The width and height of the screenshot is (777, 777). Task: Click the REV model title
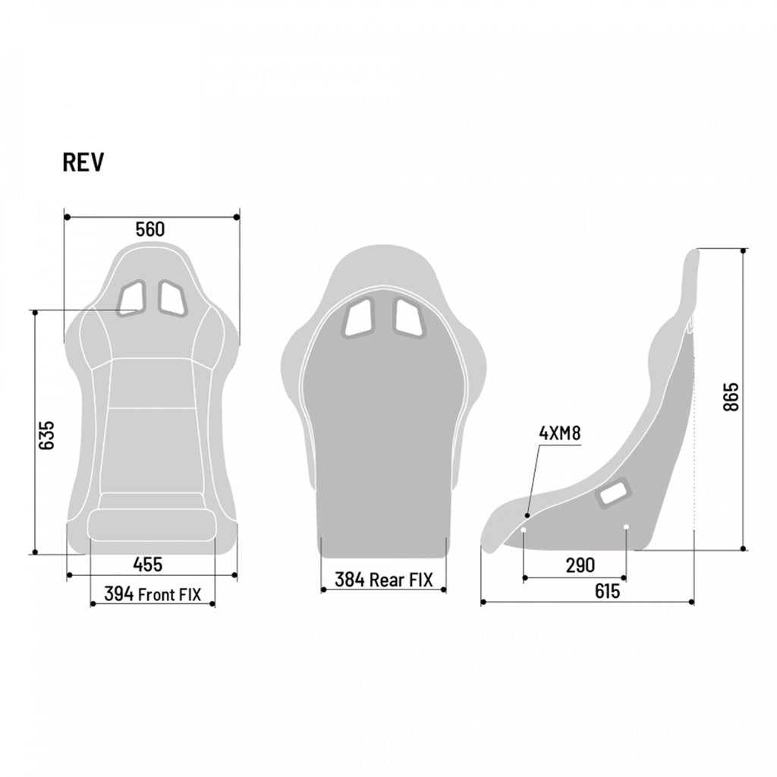[83, 162]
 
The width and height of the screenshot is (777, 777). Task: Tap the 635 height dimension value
[46, 436]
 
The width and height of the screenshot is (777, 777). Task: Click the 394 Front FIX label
[153, 594]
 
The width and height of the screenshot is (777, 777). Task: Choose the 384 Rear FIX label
[384, 580]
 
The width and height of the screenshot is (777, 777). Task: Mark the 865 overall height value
[730, 397]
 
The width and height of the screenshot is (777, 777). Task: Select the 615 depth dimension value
[607, 592]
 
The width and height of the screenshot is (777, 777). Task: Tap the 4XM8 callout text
[559, 433]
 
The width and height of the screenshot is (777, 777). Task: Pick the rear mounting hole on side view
[626, 527]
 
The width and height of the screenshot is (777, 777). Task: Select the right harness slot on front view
[171, 297]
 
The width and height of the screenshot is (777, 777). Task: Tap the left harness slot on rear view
[358, 316]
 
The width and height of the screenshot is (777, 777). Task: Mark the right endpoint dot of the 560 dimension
[237, 217]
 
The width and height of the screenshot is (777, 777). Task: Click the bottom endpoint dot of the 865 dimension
[744, 549]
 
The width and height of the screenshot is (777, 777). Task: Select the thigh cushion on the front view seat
[152, 524]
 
